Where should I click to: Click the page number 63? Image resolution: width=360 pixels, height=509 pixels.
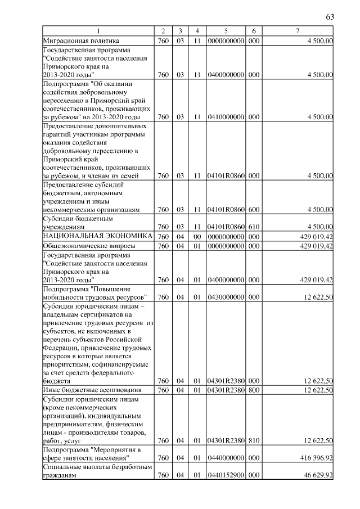(330, 16)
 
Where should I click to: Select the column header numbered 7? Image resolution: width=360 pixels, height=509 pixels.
(298, 30)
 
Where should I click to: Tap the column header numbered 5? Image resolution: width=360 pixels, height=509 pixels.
(225, 30)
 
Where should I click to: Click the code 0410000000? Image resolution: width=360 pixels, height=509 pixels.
(225, 117)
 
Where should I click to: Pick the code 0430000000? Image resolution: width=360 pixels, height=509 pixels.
(225, 297)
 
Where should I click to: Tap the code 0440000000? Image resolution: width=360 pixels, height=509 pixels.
(225, 458)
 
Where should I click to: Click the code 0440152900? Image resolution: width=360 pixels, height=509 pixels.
(225, 476)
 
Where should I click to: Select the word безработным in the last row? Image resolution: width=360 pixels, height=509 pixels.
(130, 467)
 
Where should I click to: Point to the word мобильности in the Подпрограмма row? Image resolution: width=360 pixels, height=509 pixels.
(62, 297)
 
